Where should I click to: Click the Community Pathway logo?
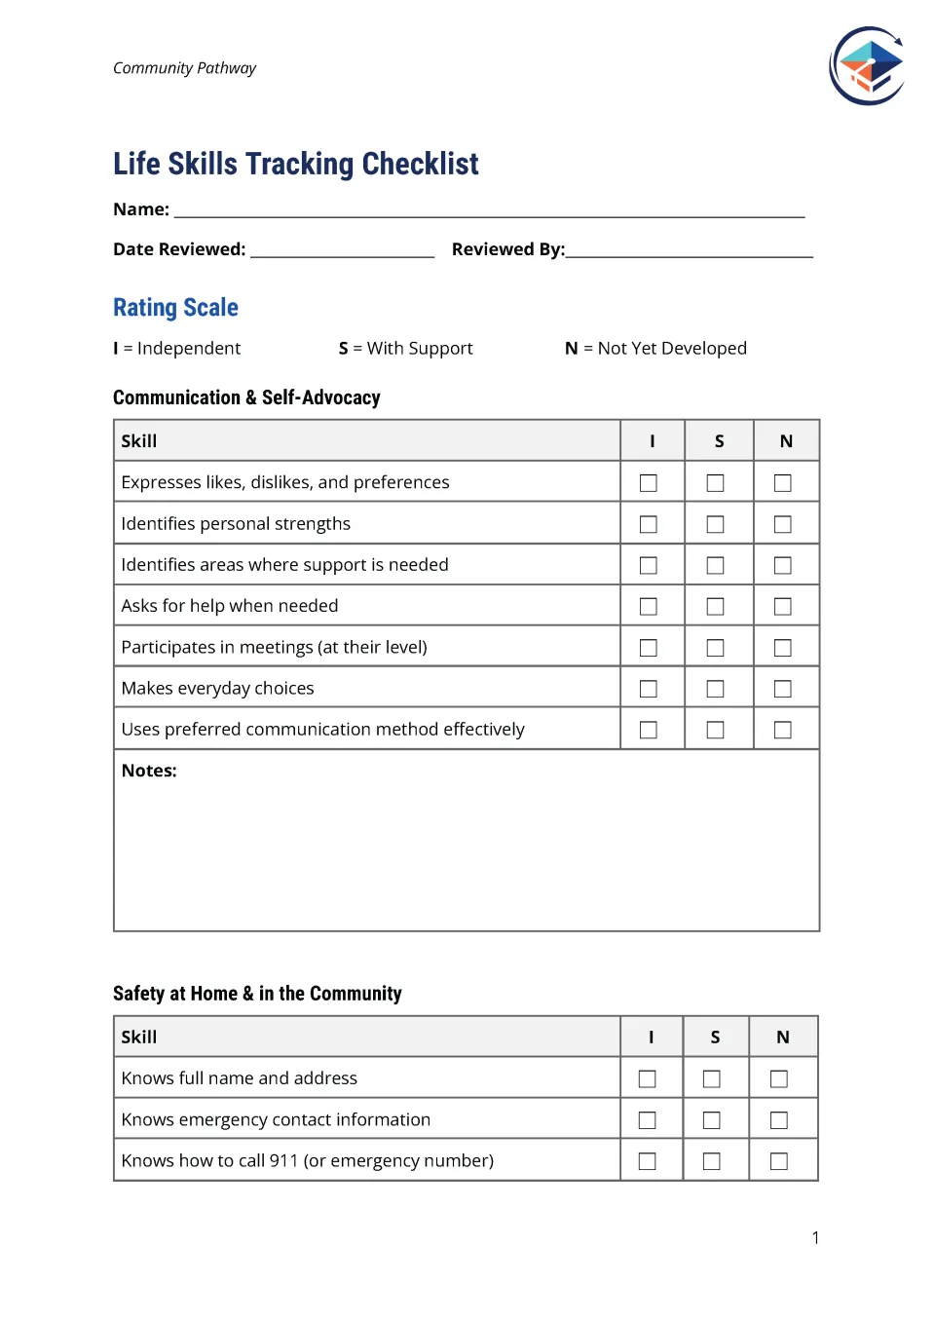[x=867, y=66]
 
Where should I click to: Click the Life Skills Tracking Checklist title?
[x=295, y=164]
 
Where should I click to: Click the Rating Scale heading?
[x=175, y=308]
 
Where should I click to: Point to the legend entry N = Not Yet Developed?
[x=655, y=349]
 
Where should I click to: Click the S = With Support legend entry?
[x=405, y=349]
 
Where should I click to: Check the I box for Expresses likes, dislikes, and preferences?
[x=648, y=483]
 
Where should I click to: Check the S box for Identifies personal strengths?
[x=715, y=524]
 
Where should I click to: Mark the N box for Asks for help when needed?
[x=782, y=606]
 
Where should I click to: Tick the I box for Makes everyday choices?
[x=648, y=689]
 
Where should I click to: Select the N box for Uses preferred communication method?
[x=782, y=730]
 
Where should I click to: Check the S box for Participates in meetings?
[x=715, y=648]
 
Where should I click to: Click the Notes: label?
[x=149, y=771]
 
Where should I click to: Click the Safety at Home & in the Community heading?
[x=257, y=994]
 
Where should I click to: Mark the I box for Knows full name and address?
[x=647, y=1078]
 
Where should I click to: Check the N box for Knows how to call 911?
[x=778, y=1161]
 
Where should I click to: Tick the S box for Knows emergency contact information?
[x=711, y=1120]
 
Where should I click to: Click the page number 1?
[x=815, y=1238]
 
